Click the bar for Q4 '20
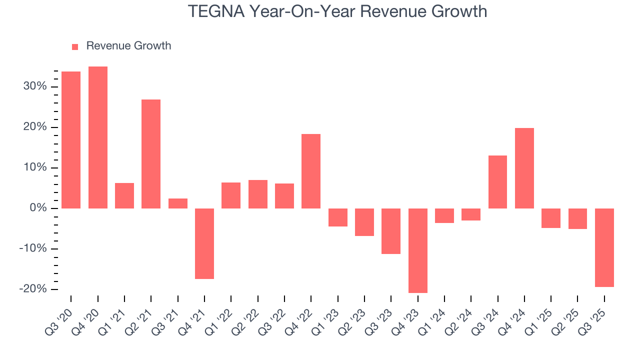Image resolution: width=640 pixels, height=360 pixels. click(97, 137)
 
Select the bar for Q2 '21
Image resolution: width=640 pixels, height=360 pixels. click(151, 154)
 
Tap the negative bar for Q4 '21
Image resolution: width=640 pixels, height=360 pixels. click(204, 243)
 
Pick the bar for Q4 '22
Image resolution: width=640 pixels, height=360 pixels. click(311, 171)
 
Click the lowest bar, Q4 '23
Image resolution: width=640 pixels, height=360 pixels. click(417, 250)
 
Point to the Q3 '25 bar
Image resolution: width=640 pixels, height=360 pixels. click(604, 247)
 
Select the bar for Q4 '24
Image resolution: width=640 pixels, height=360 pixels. click(524, 168)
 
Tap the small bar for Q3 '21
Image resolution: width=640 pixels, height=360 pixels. click(177, 203)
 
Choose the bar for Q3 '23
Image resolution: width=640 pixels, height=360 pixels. click(391, 231)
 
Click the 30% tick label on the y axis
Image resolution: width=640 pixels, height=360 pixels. click(34, 86)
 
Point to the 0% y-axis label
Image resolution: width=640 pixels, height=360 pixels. click(37, 208)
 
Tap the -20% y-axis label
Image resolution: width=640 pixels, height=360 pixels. click(32, 289)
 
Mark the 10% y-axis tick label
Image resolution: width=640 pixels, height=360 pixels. click(34, 167)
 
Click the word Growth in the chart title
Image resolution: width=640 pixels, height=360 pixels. click(458, 11)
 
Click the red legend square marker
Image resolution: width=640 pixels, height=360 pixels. click(75, 46)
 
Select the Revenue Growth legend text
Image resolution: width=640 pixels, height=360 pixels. click(128, 46)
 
